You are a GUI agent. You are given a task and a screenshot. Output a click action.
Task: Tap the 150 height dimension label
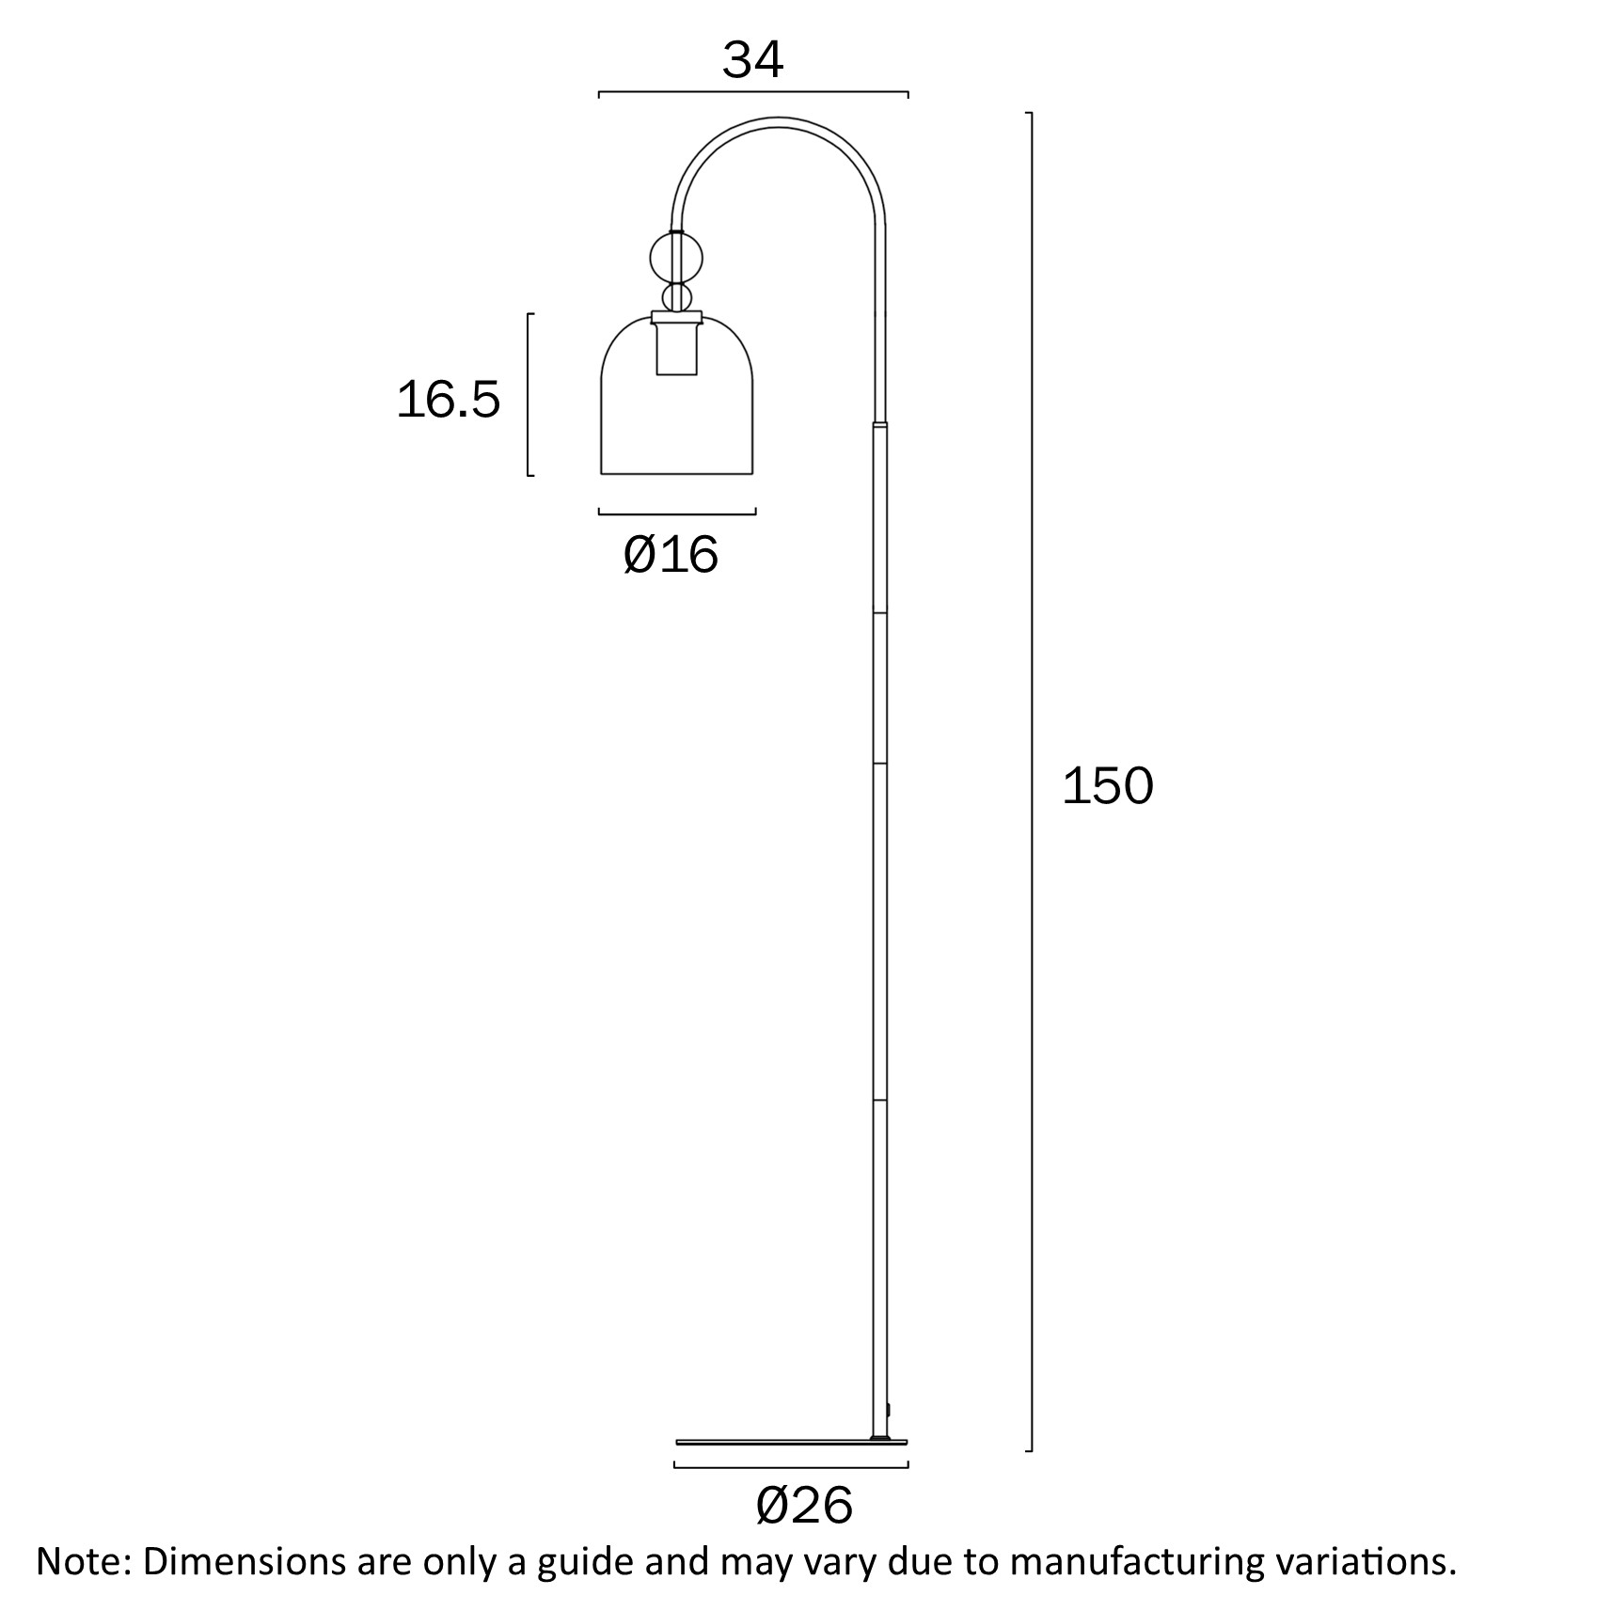tap(1107, 786)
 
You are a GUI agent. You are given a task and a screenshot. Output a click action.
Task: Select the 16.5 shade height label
tap(449, 400)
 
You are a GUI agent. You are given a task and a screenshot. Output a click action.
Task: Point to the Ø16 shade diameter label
tap(671, 554)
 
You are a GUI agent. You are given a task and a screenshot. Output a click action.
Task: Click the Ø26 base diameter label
tap(804, 1506)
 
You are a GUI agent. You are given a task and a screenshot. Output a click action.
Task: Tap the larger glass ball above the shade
tap(677, 259)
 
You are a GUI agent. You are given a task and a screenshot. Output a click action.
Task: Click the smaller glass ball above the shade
tap(677, 298)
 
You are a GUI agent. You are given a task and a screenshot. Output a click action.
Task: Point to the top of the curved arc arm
tap(779, 119)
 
